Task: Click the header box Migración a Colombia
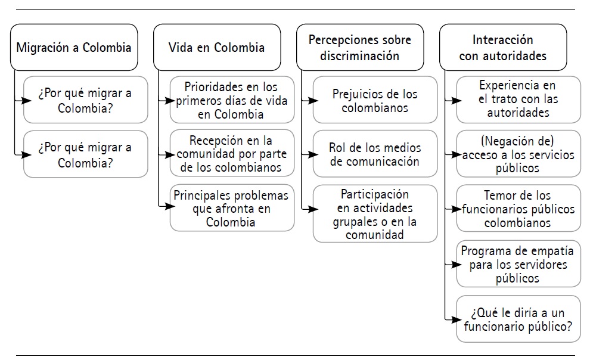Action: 74,48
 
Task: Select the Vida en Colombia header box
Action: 217,48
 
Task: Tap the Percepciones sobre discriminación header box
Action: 359,48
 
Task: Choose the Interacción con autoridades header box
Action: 502,48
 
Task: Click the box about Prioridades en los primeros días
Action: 232,100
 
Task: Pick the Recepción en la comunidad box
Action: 232,154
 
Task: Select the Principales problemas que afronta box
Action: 232,208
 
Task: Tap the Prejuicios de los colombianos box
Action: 375,100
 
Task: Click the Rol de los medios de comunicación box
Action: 375,154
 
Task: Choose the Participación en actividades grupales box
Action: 375,214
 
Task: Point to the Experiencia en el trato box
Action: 518,100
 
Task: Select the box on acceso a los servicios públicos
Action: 518,154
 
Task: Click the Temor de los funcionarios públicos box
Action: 518,208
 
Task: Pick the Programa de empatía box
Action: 518,263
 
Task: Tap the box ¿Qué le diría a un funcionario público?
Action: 518,319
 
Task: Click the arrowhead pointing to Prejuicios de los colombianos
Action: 308,100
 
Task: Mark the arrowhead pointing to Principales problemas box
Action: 165,206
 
